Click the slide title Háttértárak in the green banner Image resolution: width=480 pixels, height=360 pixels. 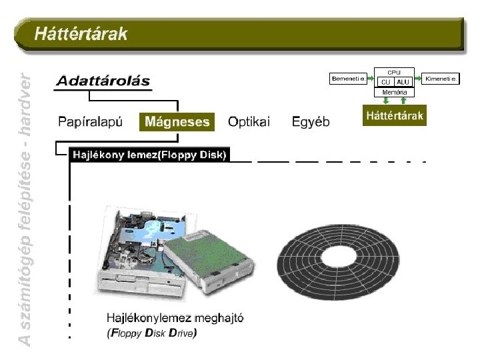pos(81,34)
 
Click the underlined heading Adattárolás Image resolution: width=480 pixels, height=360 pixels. pos(103,82)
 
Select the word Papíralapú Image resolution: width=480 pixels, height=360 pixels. pos(90,122)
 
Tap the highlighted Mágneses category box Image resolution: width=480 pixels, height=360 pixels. pos(177,122)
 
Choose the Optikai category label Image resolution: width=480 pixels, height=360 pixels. pos(249,122)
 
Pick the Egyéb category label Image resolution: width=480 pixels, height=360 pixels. pos(311,122)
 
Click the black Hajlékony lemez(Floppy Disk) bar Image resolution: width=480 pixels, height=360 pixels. pos(149,155)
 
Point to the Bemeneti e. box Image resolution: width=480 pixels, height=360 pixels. pos(349,79)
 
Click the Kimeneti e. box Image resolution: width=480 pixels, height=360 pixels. pos(441,79)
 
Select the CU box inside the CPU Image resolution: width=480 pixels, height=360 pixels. pos(386,82)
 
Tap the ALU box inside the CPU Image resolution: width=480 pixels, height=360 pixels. pos(403,82)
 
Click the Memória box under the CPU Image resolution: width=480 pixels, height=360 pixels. pos(395,92)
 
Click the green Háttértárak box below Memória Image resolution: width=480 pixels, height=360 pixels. pos(395,116)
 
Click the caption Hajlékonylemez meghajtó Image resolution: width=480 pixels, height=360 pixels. pos(175,318)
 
